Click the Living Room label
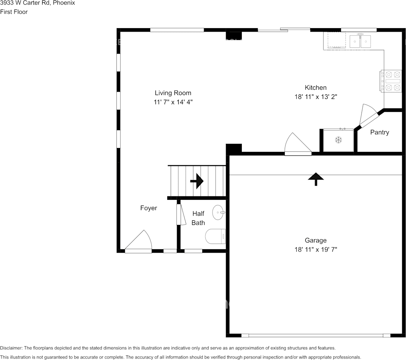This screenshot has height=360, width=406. (173, 93)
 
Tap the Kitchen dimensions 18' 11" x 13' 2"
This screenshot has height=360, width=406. (316, 97)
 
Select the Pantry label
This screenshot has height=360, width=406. (379, 132)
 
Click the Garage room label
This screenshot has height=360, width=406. (316, 240)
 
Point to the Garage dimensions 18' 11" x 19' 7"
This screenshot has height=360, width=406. (316, 250)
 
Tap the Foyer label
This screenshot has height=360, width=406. (148, 208)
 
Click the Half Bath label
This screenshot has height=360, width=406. (198, 218)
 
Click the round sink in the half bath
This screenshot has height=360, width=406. (218, 212)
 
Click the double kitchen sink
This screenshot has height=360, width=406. (360, 41)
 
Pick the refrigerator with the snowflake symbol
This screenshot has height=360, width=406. (338, 140)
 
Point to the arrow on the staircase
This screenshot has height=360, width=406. (197, 181)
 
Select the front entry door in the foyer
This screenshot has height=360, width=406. (138, 242)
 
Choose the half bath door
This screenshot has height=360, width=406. (179, 215)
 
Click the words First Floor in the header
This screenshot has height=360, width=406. (14, 12)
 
